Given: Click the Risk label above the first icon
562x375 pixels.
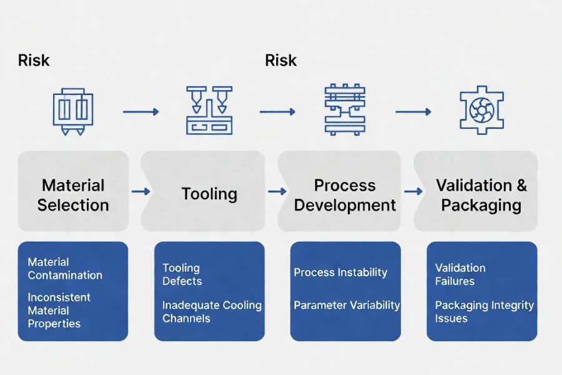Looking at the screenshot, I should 34,61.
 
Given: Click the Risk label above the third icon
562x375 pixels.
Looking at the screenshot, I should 280,61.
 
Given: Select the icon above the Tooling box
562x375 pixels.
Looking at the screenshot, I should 209,111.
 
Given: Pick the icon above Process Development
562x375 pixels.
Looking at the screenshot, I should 345,111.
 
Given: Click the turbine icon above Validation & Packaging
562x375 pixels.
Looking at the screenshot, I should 481,111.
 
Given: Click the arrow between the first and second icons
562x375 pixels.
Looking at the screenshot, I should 140,112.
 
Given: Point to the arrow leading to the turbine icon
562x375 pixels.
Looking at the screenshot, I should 413,112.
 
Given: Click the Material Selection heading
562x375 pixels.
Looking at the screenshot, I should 73,195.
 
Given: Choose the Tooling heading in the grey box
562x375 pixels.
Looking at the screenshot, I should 209,194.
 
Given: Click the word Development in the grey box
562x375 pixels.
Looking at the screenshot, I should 345,205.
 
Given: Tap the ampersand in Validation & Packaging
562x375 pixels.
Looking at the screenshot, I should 521,186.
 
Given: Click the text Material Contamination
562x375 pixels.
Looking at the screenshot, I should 65,269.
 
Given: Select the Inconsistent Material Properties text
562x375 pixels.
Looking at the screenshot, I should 59,311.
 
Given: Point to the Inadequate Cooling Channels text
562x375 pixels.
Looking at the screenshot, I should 212,311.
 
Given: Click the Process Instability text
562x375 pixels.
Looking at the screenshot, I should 340,272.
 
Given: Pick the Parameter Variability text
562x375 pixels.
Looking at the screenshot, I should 347,306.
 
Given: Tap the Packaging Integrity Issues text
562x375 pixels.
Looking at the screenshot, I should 484,311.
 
